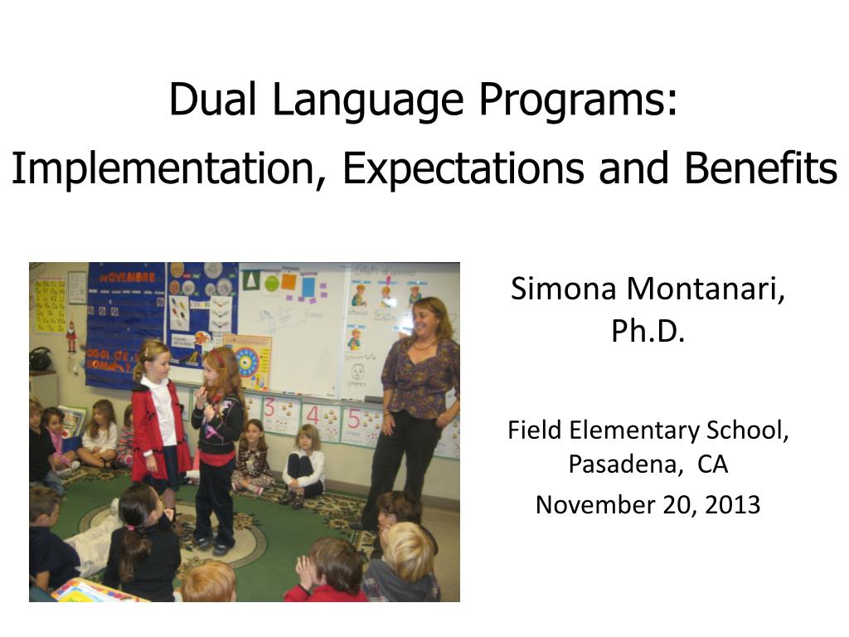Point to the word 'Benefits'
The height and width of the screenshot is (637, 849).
pyautogui.click(x=760, y=168)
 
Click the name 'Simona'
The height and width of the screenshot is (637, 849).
pyautogui.click(x=565, y=289)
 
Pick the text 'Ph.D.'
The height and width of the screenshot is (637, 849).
pyautogui.click(x=648, y=331)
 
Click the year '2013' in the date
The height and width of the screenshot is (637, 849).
pyautogui.click(x=732, y=504)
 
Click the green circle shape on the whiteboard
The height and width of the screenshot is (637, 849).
pyautogui.click(x=271, y=283)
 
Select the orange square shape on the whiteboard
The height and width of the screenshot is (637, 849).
pyautogui.click(x=289, y=281)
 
